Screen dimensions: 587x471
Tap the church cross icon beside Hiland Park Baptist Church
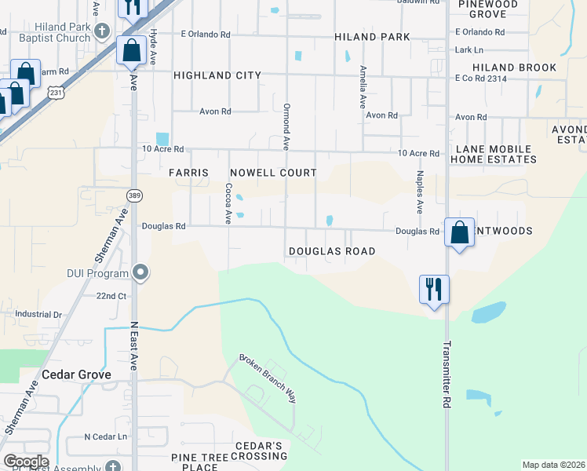[x=101, y=31]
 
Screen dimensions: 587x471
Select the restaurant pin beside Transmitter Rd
[x=434, y=289]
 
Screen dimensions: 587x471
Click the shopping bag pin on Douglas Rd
[x=459, y=232]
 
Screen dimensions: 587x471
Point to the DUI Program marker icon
[x=141, y=273]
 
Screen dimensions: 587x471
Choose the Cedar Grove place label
[x=76, y=374]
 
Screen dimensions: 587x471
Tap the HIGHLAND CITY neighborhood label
[x=217, y=75]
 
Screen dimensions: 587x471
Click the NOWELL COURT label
[x=273, y=173]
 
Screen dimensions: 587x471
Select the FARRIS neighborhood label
[x=188, y=173]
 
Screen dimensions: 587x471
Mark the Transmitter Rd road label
[x=447, y=373]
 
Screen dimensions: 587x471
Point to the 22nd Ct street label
[x=111, y=296]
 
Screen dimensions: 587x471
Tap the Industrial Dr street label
[x=38, y=314]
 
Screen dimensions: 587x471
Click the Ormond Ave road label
[x=286, y=126]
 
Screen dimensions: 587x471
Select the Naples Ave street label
[x=420, y=192]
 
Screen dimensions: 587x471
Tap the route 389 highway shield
[x=134, y=195]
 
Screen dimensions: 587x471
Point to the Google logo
[x=26, y=462]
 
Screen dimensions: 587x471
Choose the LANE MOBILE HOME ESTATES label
[x=493, y=154]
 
